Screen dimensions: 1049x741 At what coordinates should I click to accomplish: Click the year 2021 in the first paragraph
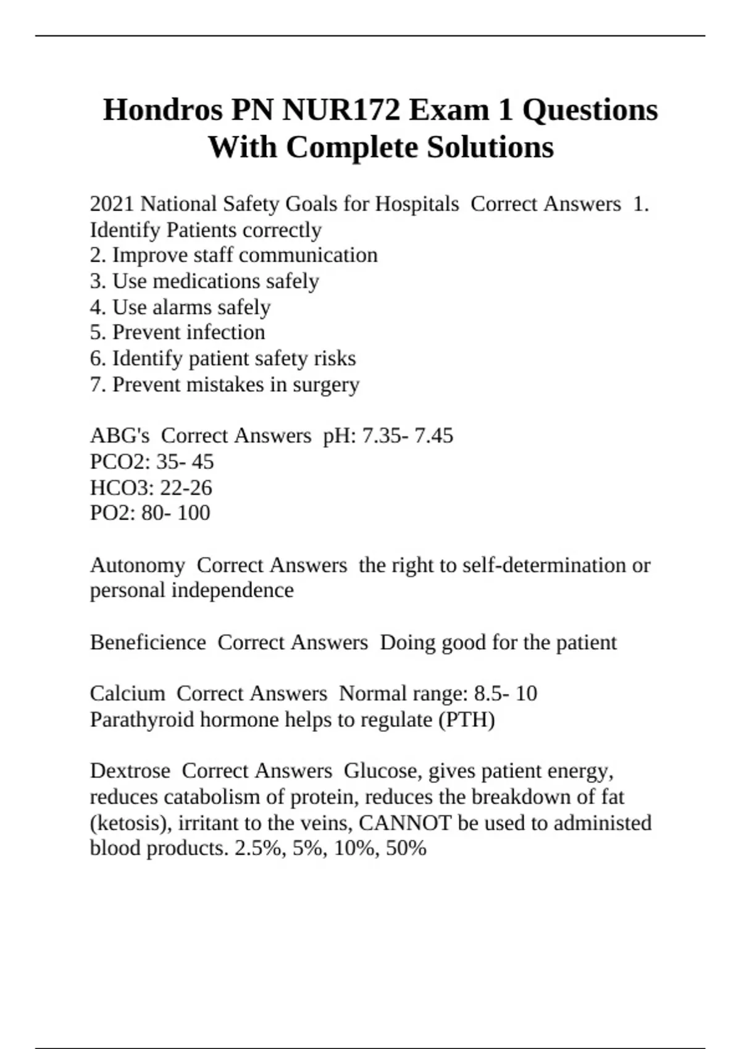112,204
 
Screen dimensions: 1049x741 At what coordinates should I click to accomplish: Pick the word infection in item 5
225,333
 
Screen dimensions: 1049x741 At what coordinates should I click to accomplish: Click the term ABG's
120,436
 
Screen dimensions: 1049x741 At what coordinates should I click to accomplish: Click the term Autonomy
137,565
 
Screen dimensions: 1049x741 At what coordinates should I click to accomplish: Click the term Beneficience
148,642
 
